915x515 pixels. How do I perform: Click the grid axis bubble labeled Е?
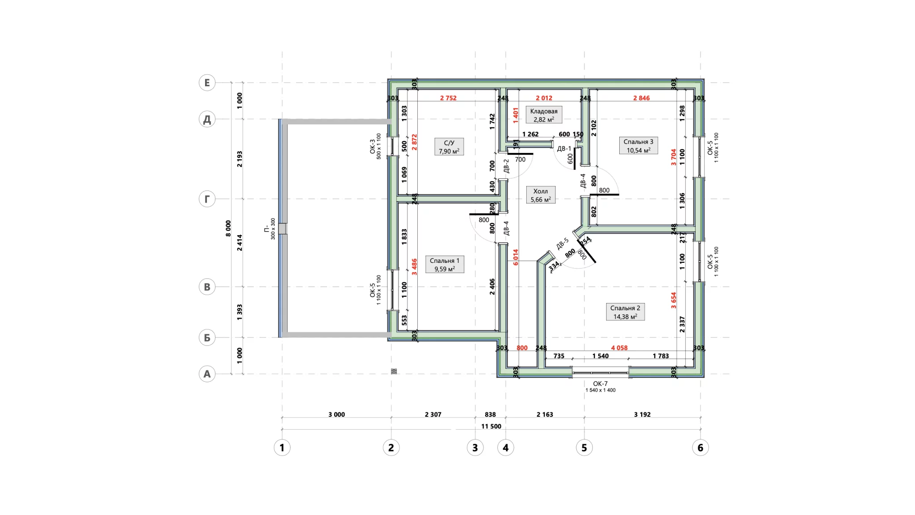click(207, 83)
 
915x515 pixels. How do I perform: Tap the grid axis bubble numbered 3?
click(475, 447)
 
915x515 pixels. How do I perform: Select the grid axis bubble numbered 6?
click(700, 447)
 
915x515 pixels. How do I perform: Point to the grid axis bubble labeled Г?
click(207, 199)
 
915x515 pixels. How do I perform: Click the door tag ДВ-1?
click(564, 148)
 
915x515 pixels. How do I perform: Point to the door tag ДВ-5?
click(562, 244)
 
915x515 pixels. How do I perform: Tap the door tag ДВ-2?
click(506, 166)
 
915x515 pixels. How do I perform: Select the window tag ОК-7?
click(600, 384)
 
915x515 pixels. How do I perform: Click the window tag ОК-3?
click(373, 146)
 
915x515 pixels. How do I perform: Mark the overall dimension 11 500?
click(491, 426)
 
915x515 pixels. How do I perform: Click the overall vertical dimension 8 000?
click(228, 228)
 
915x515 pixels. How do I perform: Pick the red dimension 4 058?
click(619, 348)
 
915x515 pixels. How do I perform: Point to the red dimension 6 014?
click(516, 257)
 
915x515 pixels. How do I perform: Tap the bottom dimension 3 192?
click(642, 414)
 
